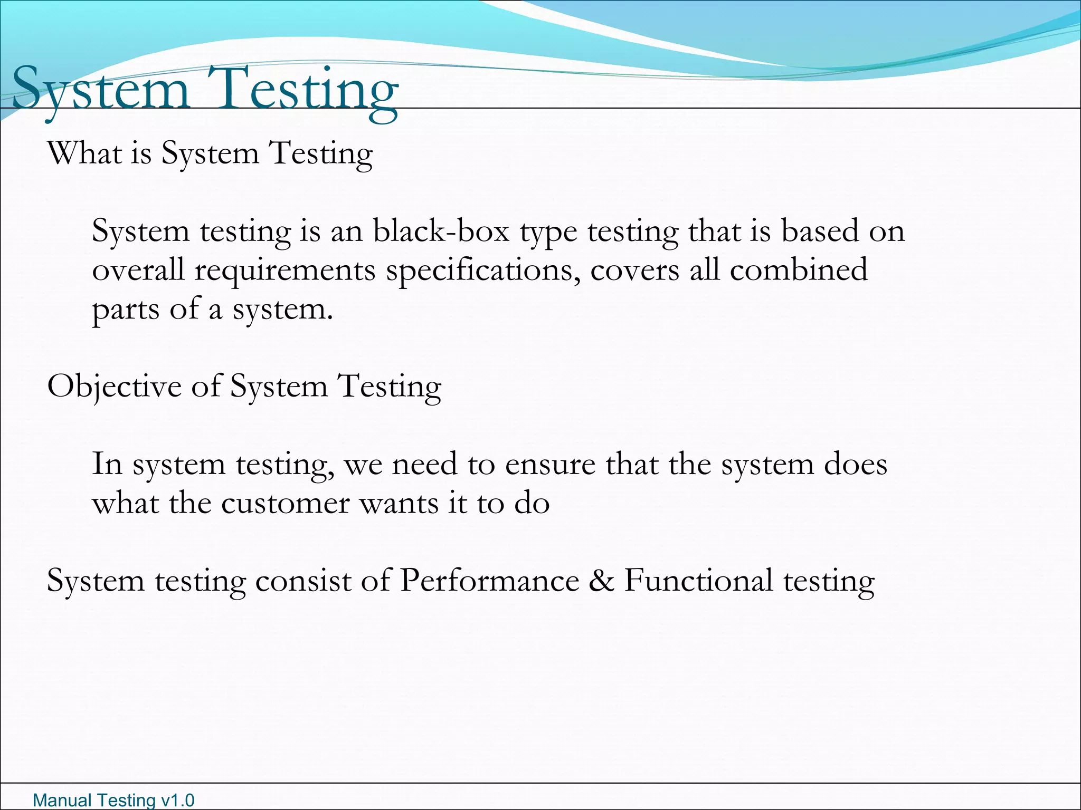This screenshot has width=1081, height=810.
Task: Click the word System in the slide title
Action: (100, 90)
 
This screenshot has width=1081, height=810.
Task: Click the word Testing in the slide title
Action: (303, 90)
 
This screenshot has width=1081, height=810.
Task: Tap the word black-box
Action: (441, 232)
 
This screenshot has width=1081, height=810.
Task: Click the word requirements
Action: (285, 271)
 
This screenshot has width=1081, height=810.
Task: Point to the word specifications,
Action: (483, 271)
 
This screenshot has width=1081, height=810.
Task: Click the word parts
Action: (126, 310)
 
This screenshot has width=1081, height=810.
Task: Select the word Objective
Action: (114, 387)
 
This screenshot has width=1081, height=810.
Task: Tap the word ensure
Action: (550, 465)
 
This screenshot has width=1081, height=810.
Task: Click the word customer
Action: (285, 503)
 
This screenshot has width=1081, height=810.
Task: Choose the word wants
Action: (399, 503)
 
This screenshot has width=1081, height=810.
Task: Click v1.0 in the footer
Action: (177, 801)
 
